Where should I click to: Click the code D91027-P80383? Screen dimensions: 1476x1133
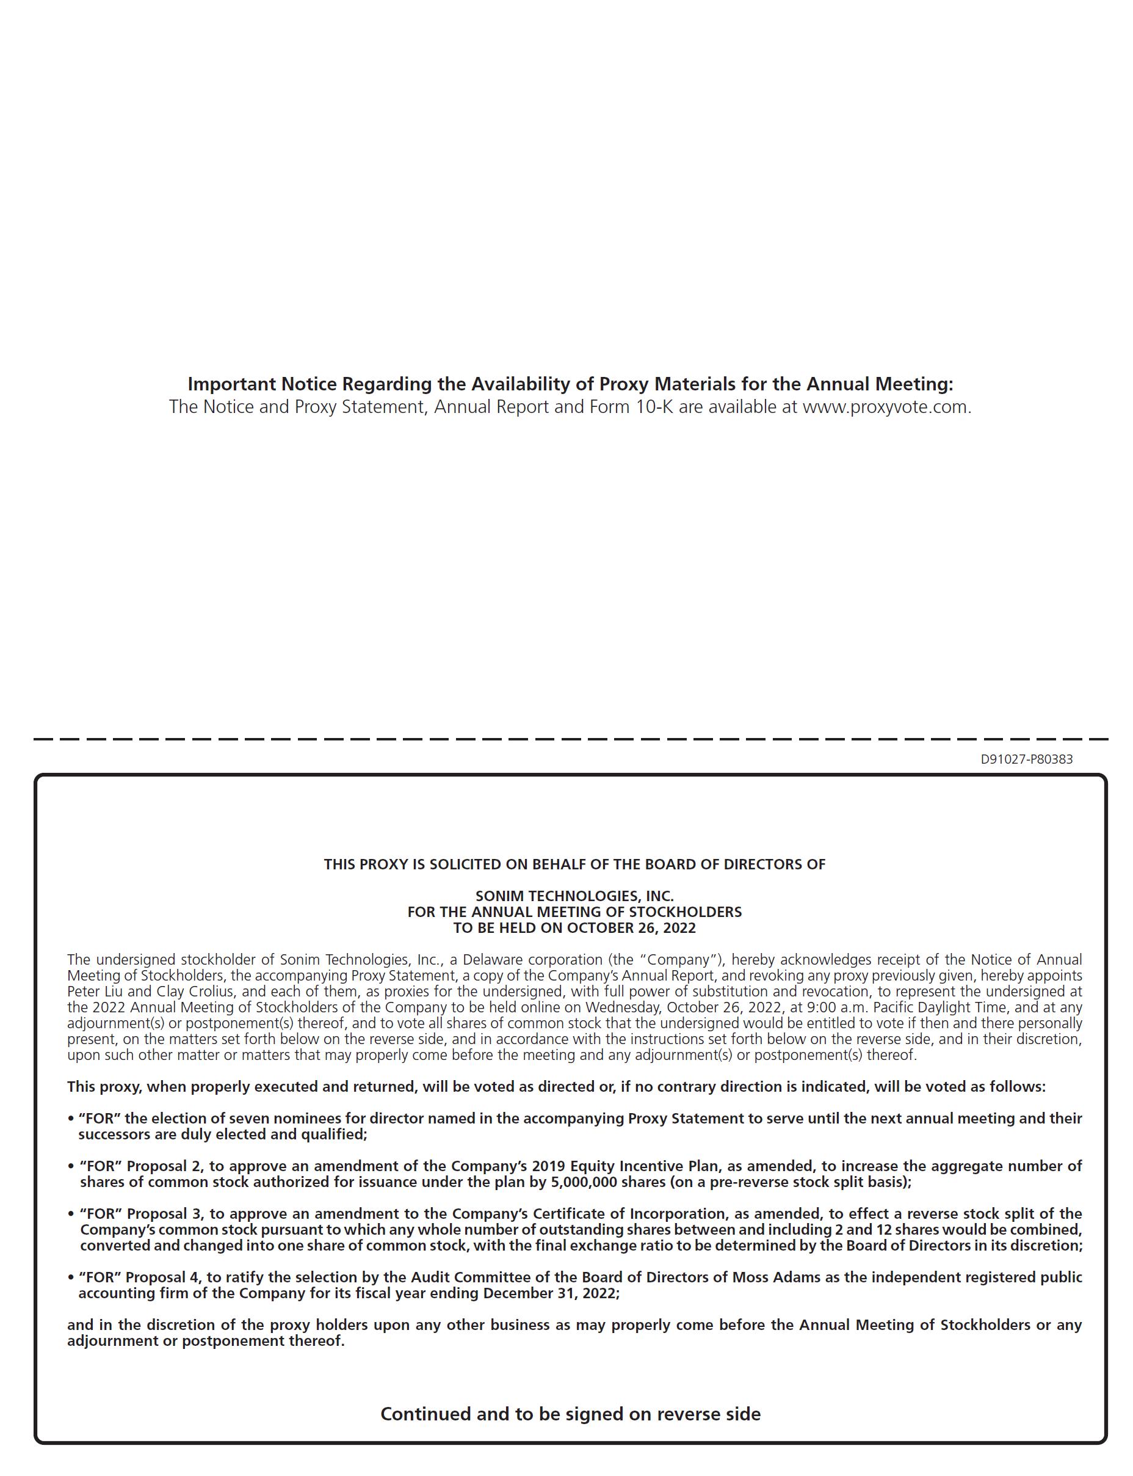pos(1026,759)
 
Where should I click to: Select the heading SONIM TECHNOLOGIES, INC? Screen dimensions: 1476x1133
pos(574,896)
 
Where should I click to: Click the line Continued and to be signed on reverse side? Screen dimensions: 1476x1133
pos(571,1414)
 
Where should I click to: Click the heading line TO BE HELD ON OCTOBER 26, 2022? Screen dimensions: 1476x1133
pos(574,927)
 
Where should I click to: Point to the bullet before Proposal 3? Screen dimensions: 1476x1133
pos(71,1214)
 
